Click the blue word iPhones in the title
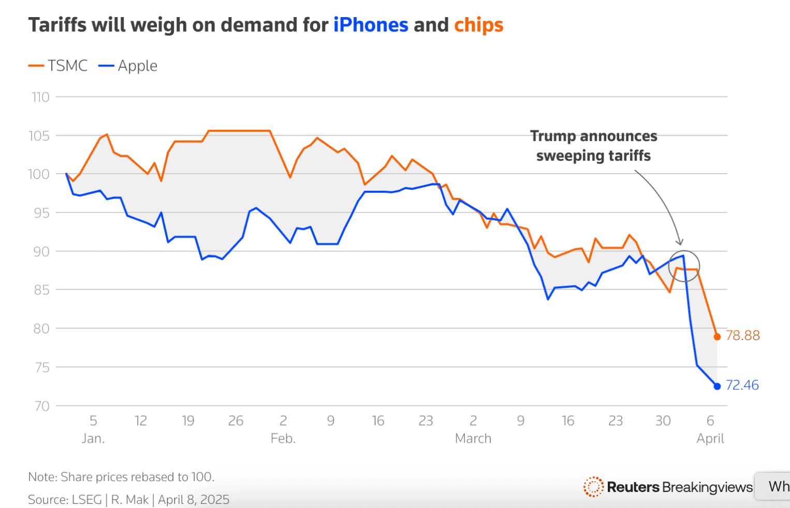[371, 25]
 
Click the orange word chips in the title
[478, 25]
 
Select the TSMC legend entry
[58, 66]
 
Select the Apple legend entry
[128, 66]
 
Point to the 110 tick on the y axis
[41, 97]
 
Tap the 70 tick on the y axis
[42, 406]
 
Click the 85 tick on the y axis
[41, 290]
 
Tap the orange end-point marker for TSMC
[717, 337]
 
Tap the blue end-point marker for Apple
[717, 386]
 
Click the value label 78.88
[743, 336]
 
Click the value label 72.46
[742, 385]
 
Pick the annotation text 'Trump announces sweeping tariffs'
[593, 146]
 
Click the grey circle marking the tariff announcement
[684, 266]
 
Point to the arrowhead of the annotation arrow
[680, 243]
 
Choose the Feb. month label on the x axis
[283, 439]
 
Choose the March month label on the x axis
[473, 439]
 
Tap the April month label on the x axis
[710, 439]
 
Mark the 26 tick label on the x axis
[236, 421]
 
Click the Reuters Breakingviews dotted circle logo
[593, 487]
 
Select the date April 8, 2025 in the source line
[194, 500]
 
